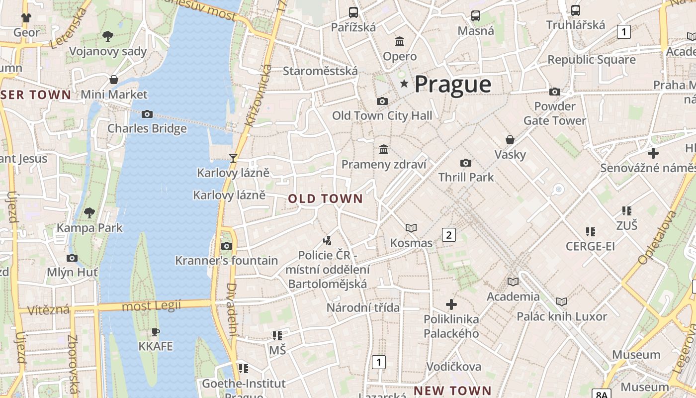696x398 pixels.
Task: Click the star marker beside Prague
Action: (404, 84)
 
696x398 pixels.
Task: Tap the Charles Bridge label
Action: (147, 128)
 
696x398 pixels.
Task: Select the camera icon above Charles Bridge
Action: (147, 114)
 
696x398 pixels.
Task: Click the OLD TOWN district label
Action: (326, 199)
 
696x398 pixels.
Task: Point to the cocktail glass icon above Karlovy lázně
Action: (233, 158)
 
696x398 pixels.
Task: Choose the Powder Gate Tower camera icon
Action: (554, 92)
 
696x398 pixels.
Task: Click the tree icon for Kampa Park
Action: (89, 213)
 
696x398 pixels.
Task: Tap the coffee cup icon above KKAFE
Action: (156, 331)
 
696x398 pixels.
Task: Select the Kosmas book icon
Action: (411, 228)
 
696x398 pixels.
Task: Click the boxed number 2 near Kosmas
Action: (448, 234)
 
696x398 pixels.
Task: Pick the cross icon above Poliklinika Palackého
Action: (451, 304)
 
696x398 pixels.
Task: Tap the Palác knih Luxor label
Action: (562, 316)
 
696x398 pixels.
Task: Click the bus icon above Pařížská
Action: (353, 12)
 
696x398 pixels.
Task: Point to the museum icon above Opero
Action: (400, 41)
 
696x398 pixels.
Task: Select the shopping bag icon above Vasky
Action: (510, 139)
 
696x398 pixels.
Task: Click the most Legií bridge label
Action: (151, 305)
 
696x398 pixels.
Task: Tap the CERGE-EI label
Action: (590, 246)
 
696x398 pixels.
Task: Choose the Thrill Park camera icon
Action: (466, 163)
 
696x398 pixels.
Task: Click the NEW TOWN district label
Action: (452, 391)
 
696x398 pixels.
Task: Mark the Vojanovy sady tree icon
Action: (107, 36)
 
